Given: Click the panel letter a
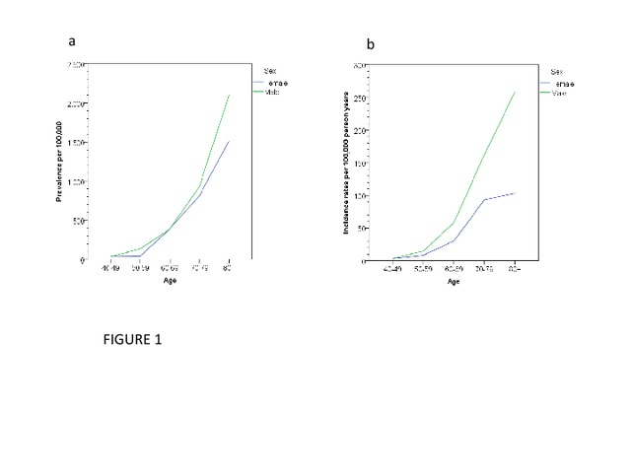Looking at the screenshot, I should click(x=72, y=40).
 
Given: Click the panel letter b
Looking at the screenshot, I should click(x=371, y=44).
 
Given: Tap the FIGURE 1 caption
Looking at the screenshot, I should click(x=132, y=340).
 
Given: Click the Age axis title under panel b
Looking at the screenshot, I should click(x=454, y=282).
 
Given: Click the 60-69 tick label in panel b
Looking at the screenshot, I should click(x=455, y=269).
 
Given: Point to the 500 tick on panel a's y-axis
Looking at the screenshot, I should click(x=78, y=221).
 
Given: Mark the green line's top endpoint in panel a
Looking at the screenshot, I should click(x=229, y=96).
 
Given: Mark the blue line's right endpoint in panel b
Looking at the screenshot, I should click(x=516, y=193).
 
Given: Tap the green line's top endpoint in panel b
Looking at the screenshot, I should click(x=516, y=93).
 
